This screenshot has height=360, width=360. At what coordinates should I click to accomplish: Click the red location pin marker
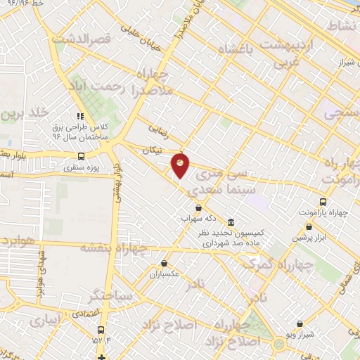click(181, 165)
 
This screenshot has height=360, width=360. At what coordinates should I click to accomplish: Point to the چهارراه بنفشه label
click(115, 247)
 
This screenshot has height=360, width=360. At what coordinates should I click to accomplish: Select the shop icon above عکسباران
click(163, 264)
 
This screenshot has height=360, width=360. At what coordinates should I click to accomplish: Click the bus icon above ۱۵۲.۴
click(102, 329)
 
